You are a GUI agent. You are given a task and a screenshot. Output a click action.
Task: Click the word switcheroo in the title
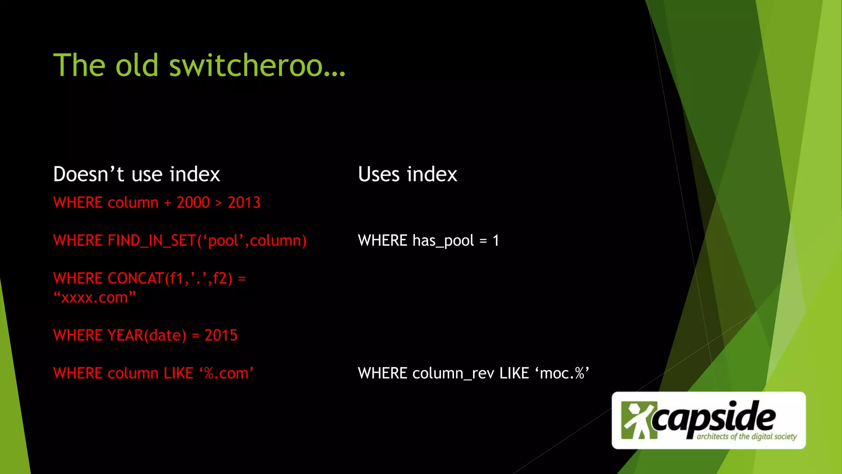tap(257, 66)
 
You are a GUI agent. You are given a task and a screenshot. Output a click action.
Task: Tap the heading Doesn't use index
tap(136, 174)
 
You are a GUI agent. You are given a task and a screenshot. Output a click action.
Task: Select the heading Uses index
tap(407, 174)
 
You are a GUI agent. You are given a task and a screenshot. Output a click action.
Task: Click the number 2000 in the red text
tap(193, 202)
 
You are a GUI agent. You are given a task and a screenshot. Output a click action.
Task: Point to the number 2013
tap(244, 202)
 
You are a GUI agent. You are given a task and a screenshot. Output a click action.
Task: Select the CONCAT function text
tap(136, 279)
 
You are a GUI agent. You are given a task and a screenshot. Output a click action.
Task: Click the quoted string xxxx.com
tap(95, 297)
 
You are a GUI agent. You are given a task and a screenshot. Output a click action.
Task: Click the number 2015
tap(221, 335)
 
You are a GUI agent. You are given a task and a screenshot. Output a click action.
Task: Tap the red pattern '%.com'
tap(227, 373)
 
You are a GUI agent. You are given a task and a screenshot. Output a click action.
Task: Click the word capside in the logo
tap(714, 418)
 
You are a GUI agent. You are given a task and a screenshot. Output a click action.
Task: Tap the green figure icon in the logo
tap(635, 420)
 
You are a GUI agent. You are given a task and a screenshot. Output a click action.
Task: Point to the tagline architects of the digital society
tap(747, 437)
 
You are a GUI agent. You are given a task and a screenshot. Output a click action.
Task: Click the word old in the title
tap(136, 66)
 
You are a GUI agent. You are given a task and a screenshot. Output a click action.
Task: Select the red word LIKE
tap(178, 373)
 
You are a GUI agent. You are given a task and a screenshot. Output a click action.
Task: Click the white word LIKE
tap(514, 373)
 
